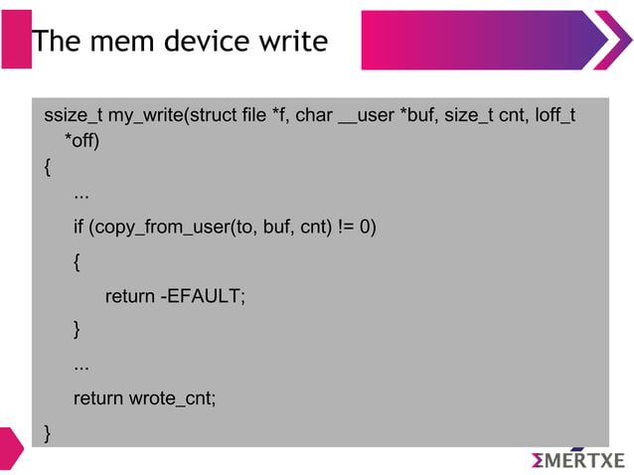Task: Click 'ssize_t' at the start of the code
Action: pos(74,117)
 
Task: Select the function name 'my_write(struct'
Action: pos(172,117)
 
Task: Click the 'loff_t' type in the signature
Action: pos(555,117)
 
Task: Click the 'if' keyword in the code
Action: pos(79,227)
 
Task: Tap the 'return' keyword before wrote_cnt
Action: pos(98,398)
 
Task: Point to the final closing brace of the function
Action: pos(47,431)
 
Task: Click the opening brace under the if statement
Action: pos(78,261)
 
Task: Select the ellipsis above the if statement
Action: pos(81,194)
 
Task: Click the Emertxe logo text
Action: pos(578,460)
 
